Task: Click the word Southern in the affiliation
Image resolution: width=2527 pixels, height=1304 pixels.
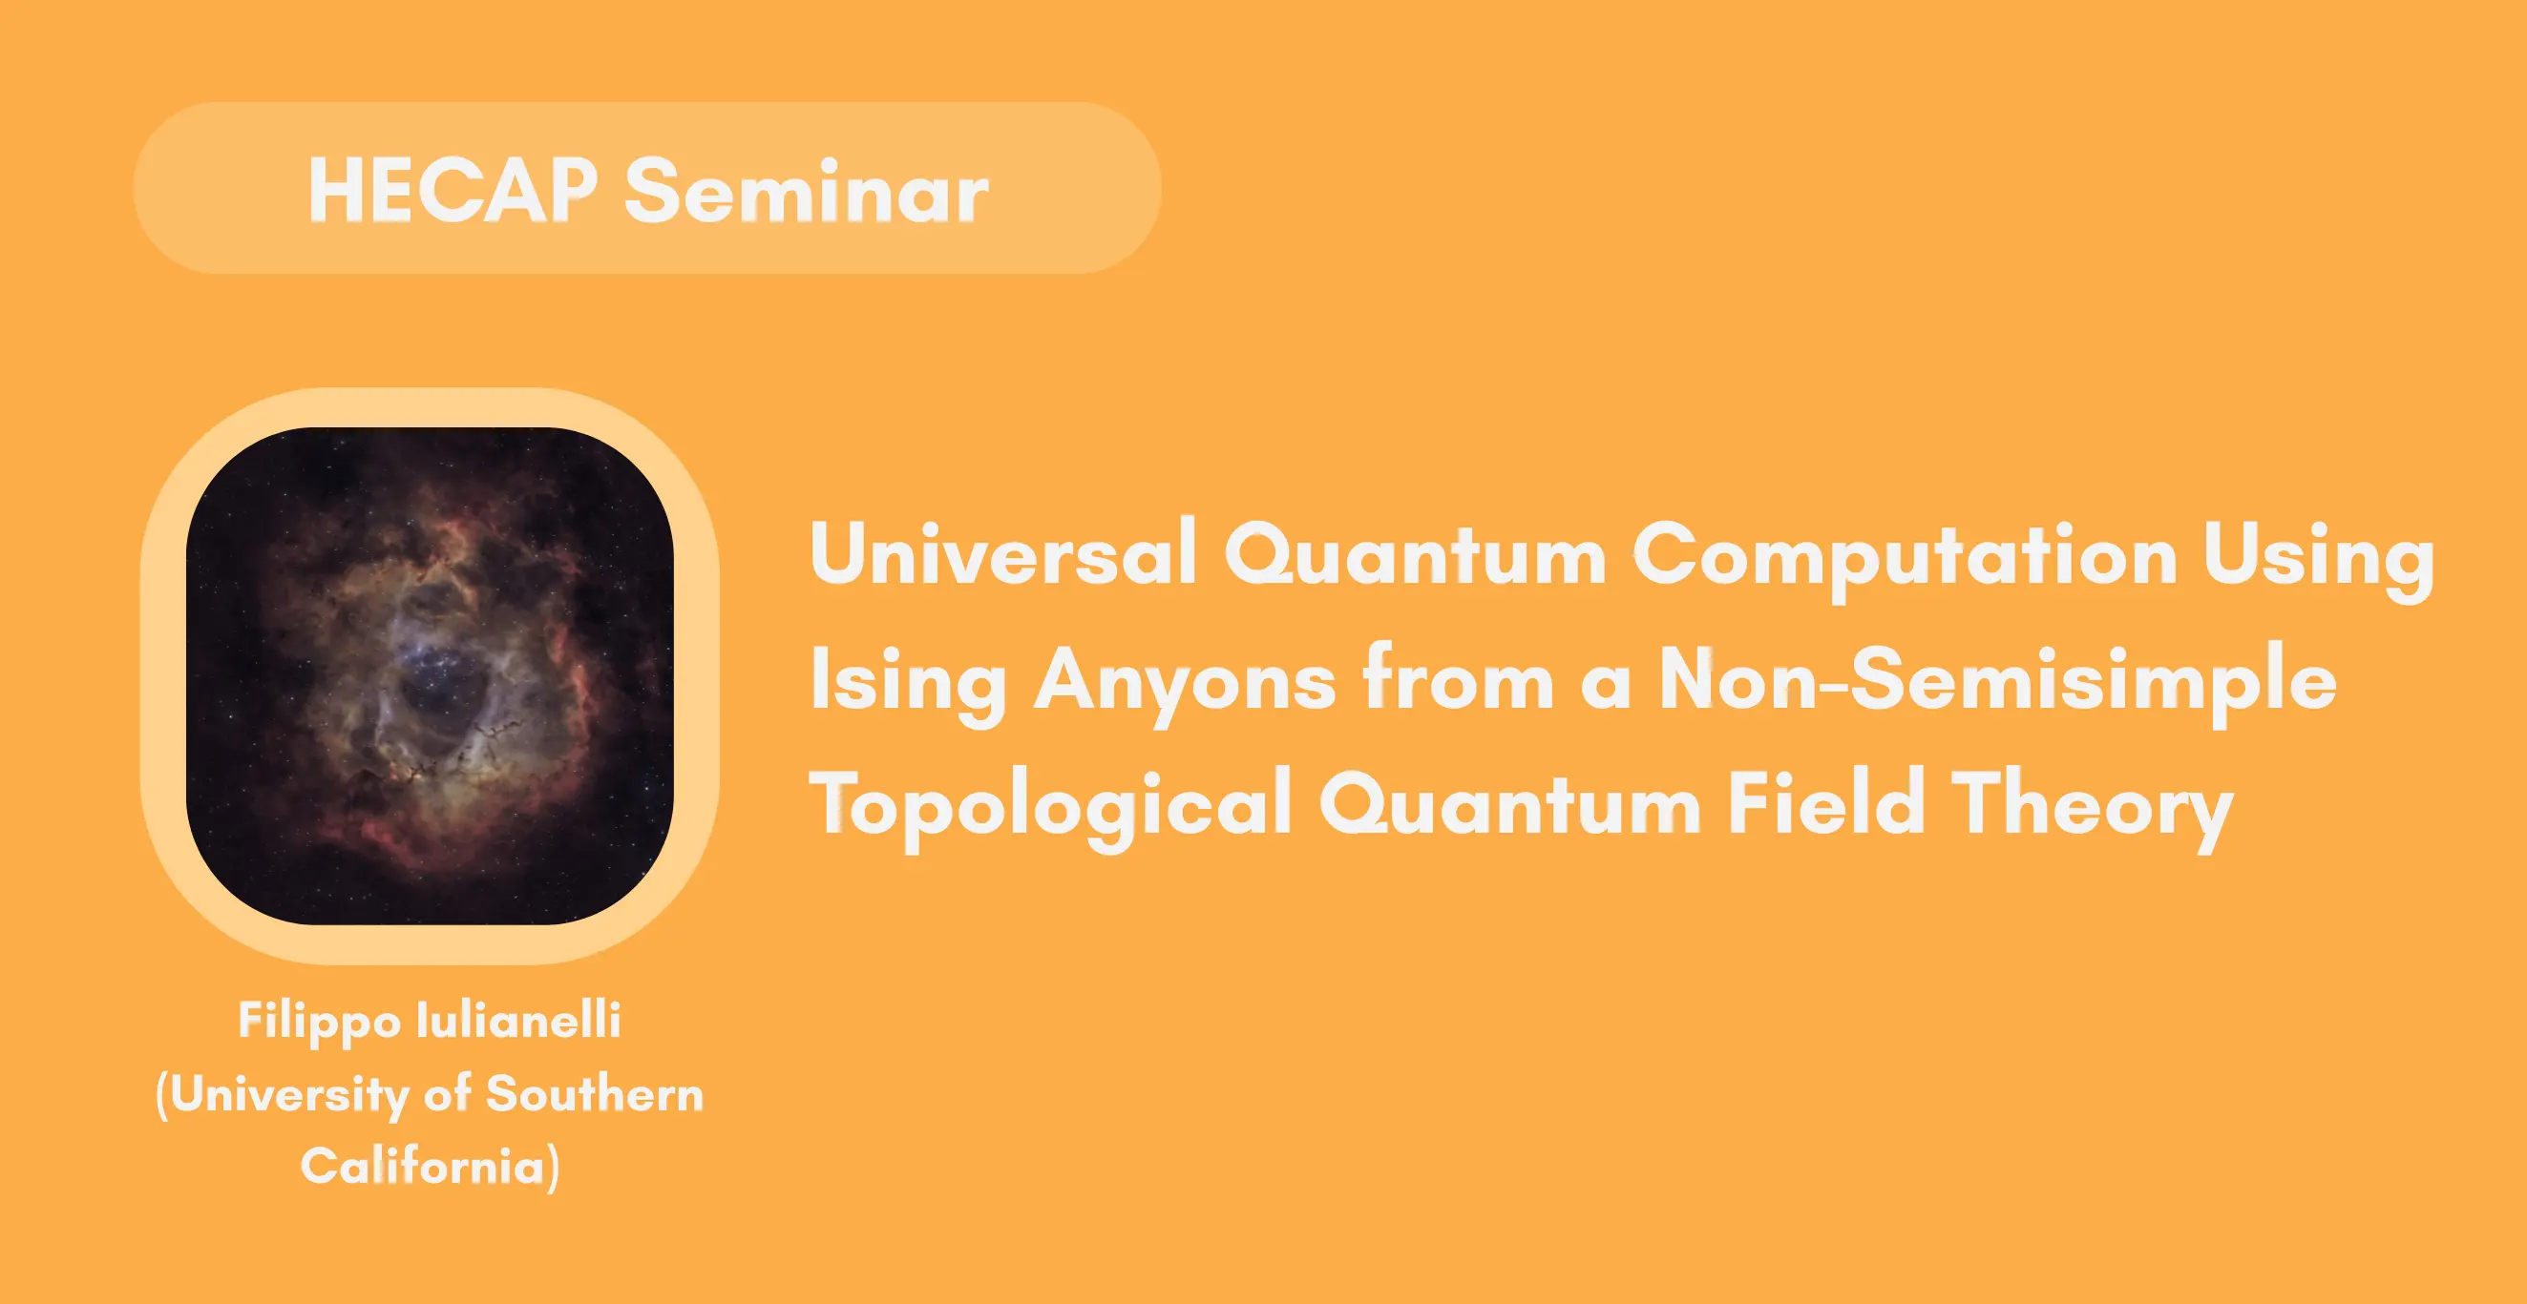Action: [x=595, y=1093]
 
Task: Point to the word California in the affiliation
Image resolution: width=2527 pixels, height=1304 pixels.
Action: [x=423, y=1166]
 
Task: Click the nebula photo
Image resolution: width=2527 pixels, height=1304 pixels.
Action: [x=430, y=675]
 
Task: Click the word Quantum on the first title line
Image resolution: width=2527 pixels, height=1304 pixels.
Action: [x=1415, y=555]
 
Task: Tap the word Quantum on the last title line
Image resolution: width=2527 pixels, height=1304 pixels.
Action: [x=1510, y=803]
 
